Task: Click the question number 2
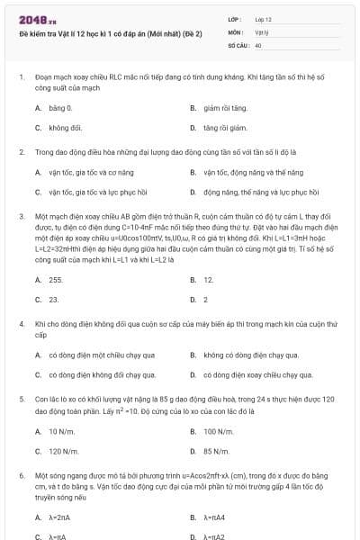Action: pyautogui.click(x=22, y=152)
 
